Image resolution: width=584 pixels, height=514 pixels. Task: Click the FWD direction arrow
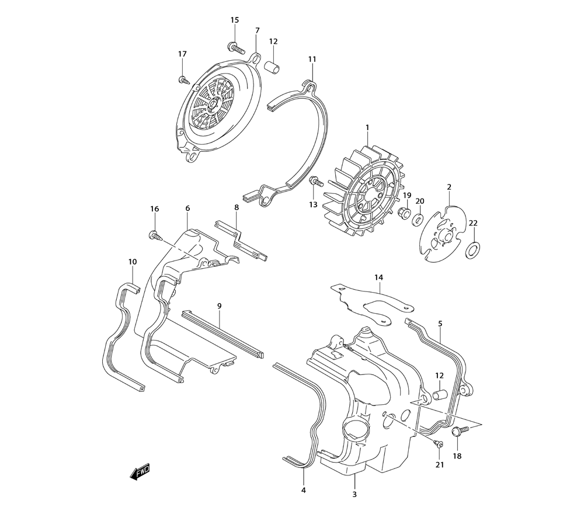click(140, 471)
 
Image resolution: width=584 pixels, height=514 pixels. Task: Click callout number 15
click(235, 20)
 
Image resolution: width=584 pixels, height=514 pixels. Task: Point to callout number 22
click(473, 223)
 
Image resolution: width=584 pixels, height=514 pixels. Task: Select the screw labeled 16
click(155, 235)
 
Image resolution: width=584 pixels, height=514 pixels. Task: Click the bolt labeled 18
click(458, 432)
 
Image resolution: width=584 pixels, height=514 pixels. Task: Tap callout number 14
click(378, 277)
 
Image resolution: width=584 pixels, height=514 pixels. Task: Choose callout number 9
click(220, 305)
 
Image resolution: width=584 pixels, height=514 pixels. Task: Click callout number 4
click(304, 490)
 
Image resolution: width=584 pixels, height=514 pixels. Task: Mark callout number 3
click(354, 495)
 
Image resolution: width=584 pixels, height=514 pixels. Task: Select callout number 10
click(133, 262)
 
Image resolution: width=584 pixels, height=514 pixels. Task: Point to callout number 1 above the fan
click(367, 127)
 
